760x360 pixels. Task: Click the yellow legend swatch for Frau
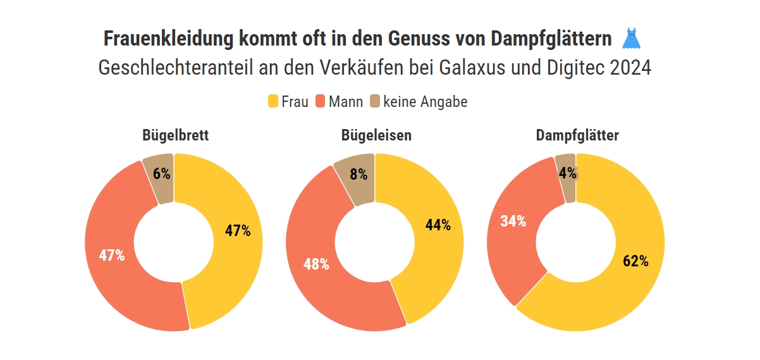pos(273,101)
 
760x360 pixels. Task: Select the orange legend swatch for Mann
pos(320,101)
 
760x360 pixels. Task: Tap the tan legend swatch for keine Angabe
pos(375,101)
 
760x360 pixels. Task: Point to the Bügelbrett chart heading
pos(176,135)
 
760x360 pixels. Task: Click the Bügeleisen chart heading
pos(376,135)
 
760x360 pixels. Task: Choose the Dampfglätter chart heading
pos(577,135)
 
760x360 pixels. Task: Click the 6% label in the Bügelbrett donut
pos(161,175)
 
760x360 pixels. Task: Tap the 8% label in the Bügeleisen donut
pos(359,175)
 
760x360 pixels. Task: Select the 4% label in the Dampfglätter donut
pos(567,173)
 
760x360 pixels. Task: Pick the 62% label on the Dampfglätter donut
pos(635,261)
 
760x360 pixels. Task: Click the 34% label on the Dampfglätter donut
pos(513,221)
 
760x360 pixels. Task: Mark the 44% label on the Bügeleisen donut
pos(438,225)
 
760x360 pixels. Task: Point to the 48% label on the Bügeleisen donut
pos(316,264)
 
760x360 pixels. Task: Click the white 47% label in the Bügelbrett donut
pos(112,256)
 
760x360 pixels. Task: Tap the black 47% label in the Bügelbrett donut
pos(238,231)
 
